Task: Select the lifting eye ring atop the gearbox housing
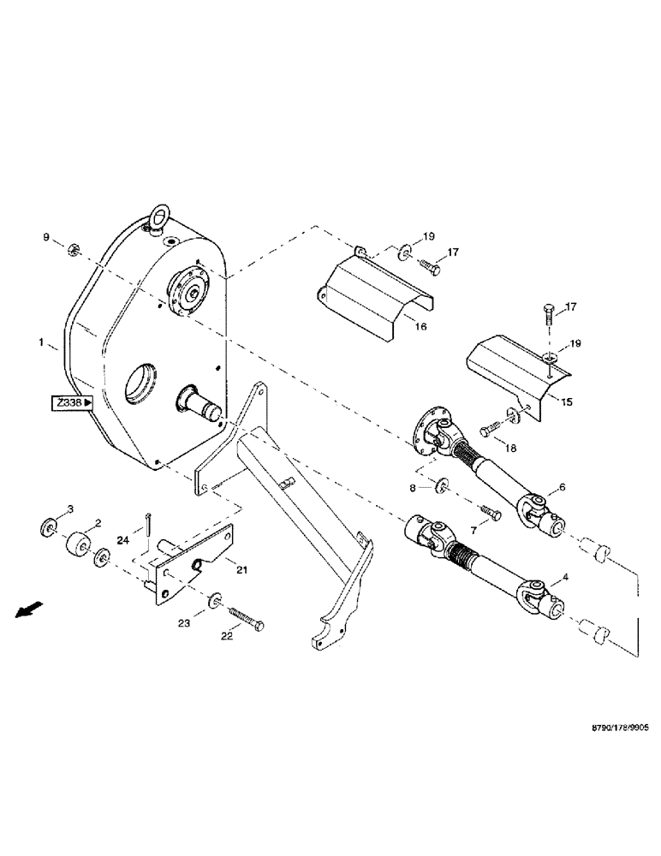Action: point(157,217)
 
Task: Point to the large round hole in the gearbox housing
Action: point(140,382)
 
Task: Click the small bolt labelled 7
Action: point(489,510)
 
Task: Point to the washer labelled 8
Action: point(442,486)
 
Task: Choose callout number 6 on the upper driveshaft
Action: point(562,486)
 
